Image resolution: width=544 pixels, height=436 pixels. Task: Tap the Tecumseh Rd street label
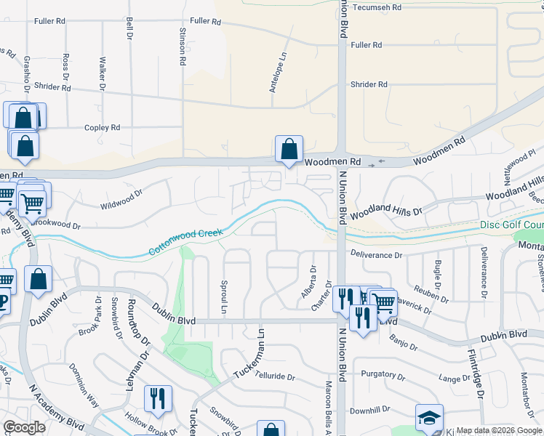377,8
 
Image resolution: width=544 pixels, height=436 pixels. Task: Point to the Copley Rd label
102,128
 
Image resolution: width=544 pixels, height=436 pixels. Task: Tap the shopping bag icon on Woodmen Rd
289,149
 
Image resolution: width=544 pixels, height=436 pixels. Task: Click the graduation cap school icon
430,418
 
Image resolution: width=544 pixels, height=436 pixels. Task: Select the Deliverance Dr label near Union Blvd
376,255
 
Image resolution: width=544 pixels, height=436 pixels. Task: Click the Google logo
24,427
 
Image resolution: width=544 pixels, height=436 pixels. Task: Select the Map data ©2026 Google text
498,430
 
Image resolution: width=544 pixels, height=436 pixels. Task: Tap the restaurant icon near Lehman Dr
158,399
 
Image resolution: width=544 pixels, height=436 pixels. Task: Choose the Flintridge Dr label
481,375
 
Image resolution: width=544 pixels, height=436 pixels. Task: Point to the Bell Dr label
129,28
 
